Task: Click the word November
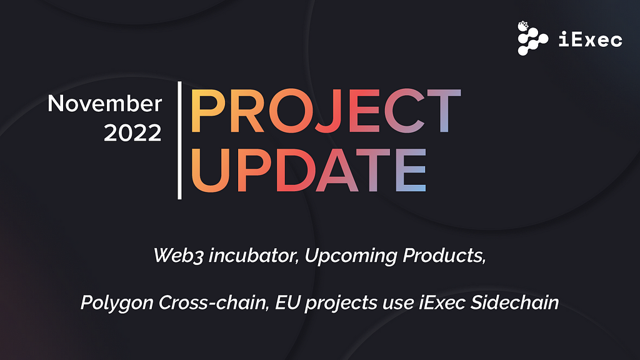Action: [x=105, y=103]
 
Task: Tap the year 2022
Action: [x=132, y=132]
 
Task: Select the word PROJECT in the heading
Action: [x=325, y=111]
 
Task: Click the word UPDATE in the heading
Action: [x=309, y=170]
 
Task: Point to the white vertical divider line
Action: [x=179, y=141]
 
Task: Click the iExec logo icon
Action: [x=532, y=38]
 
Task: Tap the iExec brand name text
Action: [x=590, y=39]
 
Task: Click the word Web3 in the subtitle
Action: [x=178, y=256]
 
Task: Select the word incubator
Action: [x=253, y=256]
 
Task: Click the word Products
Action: [x=444, y=256]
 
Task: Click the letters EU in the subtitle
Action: [x=287, y=303]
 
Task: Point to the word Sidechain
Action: [x=515, y=303]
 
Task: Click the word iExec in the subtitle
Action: [x=442, y=303]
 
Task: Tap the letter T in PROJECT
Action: [x=444, y=111]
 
